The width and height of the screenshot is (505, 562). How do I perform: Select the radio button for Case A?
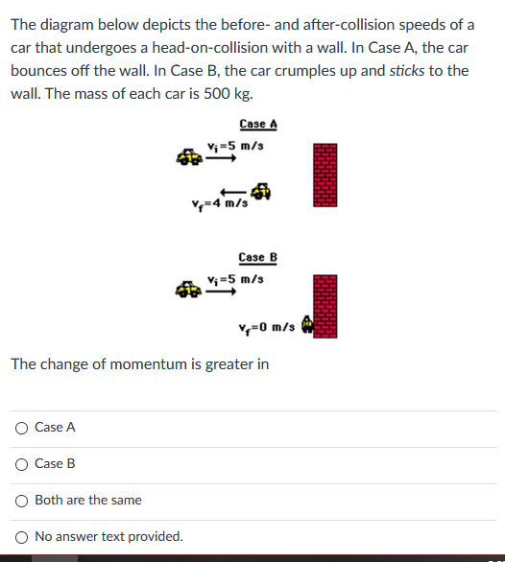[x=20, y=428]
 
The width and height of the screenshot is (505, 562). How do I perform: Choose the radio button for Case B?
[x=20, y=464]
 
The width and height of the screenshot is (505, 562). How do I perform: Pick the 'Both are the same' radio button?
[x=20, y=501]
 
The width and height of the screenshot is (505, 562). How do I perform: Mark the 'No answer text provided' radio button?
[x=20, y=537]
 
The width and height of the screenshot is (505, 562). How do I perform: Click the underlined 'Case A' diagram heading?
[x=258, y=125]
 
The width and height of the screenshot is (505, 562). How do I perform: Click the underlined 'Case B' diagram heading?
[x=257, y=258]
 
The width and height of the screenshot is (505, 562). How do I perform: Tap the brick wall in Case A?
[x=326, y=175]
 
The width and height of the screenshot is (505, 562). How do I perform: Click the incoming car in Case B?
[x=188, y=288]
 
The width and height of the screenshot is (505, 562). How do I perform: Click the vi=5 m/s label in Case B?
[x=235, y=279]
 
